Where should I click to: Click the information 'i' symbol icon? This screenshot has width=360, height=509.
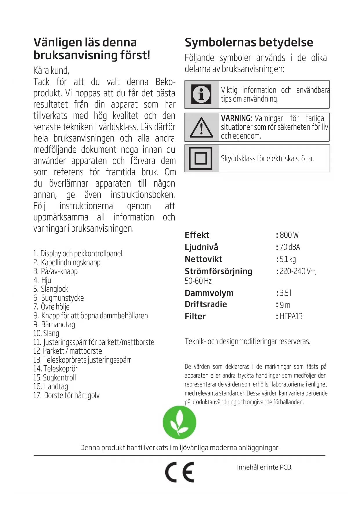click(201, 95)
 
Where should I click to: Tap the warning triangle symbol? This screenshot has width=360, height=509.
click(201, 127)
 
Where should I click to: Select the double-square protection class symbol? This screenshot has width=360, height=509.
click(201, 158)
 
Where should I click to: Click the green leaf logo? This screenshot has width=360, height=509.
click(180, 422)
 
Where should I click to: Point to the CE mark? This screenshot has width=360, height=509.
click(180, 472)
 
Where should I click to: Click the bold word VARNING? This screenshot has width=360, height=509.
click(236, 118)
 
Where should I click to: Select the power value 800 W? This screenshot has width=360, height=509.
click(289, 235)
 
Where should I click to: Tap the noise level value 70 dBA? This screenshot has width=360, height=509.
click(290, 247)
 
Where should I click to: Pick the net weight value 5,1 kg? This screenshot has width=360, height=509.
click(288, 259)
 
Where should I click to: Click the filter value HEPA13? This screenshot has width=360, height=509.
click(291, 316)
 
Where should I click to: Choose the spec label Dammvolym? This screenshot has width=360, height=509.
click(209, 293)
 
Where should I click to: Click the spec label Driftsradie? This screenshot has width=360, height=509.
click(206, 304)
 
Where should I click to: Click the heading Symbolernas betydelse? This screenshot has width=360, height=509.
click(249, 42)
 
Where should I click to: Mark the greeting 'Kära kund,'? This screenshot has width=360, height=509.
click(51, 71)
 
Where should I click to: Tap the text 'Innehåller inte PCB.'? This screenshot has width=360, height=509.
click(265, 467)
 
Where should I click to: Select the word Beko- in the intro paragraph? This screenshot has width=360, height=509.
click(165, 82)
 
